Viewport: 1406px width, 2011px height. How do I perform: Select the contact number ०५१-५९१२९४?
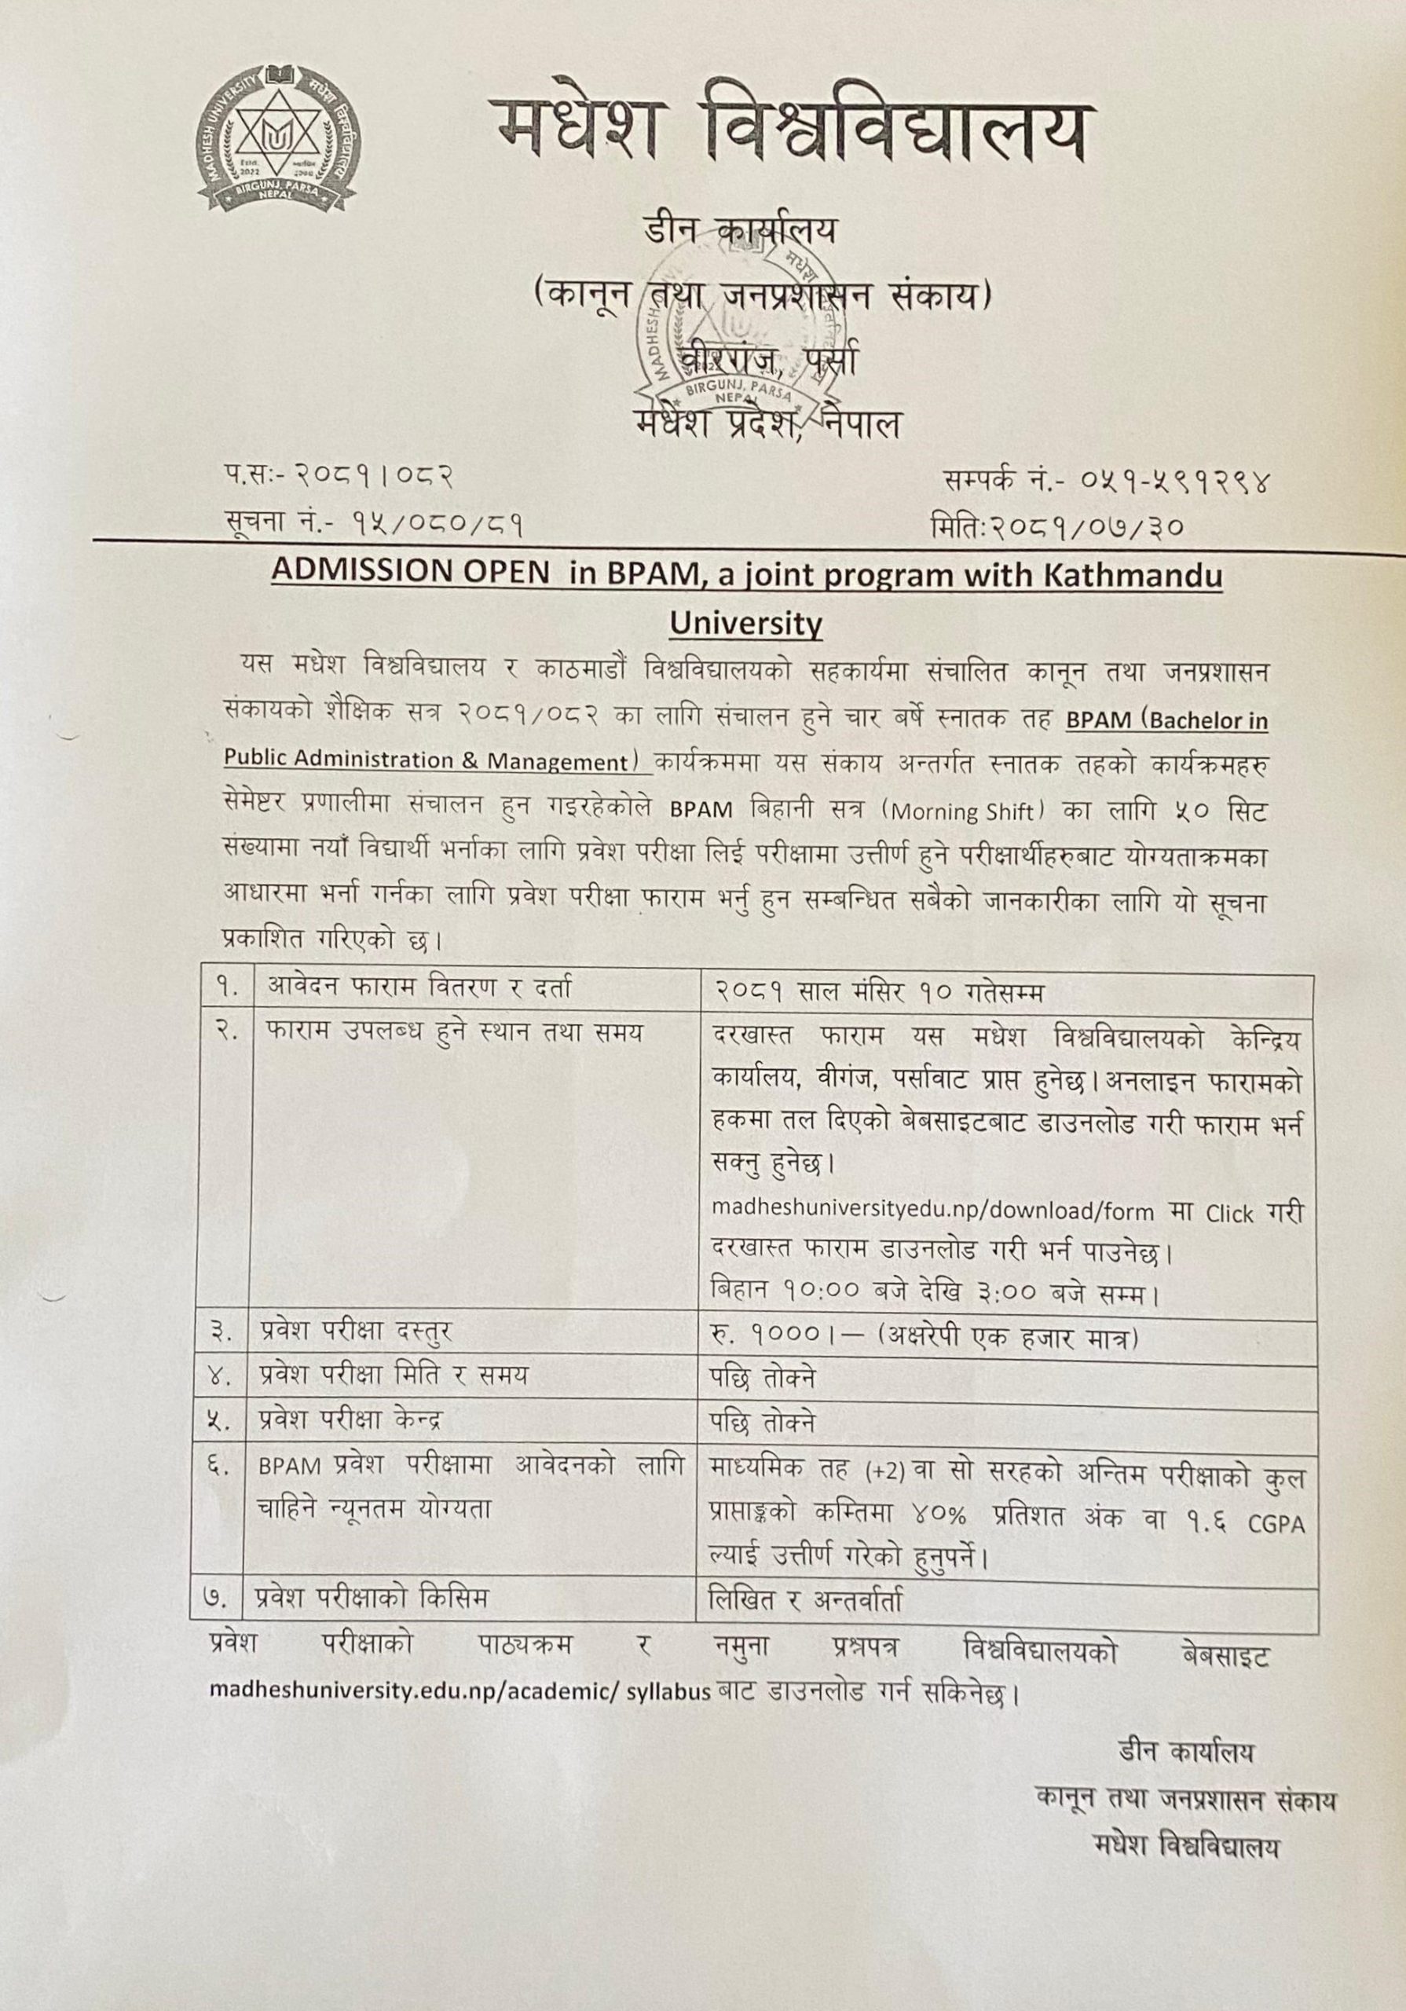tap(1170, 481)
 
